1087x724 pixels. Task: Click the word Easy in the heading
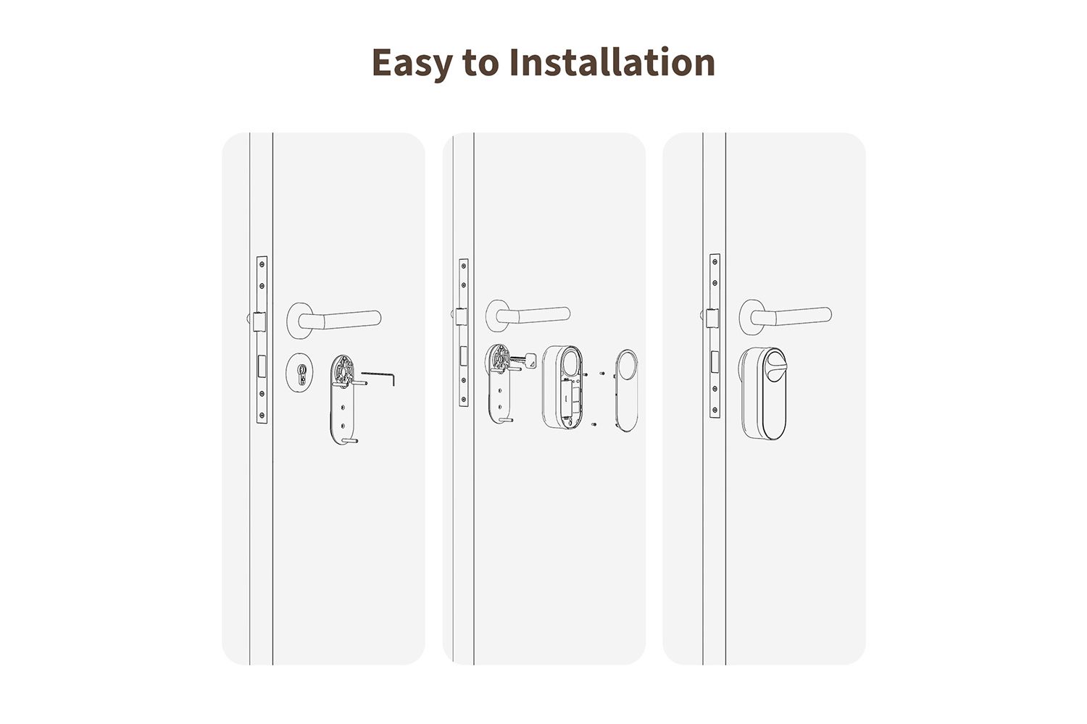tap(412, 63)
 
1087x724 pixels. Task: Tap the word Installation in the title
tap(612, 62)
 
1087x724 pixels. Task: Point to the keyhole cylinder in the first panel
tap(299, 372)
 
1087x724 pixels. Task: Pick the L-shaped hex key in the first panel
tap(378, 377)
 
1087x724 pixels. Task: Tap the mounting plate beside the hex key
tap(343, 400)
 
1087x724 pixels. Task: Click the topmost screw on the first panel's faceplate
tap(262, 264)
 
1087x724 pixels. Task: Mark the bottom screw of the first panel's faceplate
tap(262, 415)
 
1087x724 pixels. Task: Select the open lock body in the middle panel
tap(563, 387)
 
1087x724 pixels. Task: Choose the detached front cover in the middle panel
tap(627, 390)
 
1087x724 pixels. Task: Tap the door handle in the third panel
tap(785, 316)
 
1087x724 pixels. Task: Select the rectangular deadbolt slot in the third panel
tap(715, 361)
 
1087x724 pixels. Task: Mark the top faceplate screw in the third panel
tap(715, 261)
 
